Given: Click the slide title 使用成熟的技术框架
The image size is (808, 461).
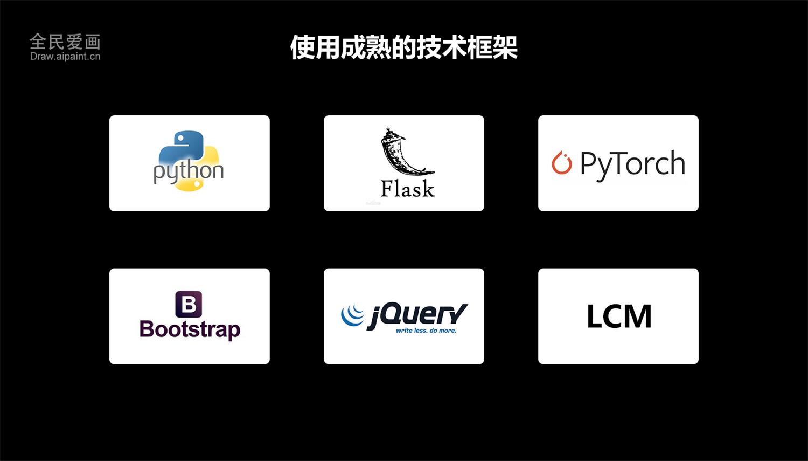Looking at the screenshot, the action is coord(404,47).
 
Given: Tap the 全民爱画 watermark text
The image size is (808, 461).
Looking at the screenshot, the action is coord(65,42).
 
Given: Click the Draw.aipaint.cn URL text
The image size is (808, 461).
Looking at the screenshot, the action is coord(65,56).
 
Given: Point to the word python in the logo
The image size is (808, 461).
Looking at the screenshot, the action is coord(189,171).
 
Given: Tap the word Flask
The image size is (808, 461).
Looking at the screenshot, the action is coord(408,188).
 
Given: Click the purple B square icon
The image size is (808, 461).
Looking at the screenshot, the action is coord(189,304).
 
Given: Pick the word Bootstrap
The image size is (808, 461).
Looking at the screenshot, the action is coord(190,330).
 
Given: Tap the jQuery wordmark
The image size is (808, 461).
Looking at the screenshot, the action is coord(417,316).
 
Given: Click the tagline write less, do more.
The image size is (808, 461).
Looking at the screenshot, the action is coord(426,331).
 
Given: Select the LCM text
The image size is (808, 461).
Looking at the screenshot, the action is coord(619,316).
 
